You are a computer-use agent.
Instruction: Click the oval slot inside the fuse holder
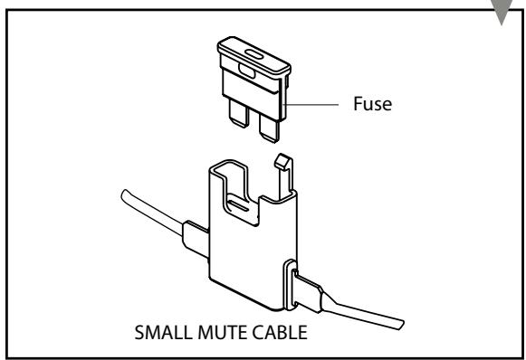pos(236,206)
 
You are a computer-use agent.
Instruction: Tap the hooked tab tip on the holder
pos(281,163)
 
